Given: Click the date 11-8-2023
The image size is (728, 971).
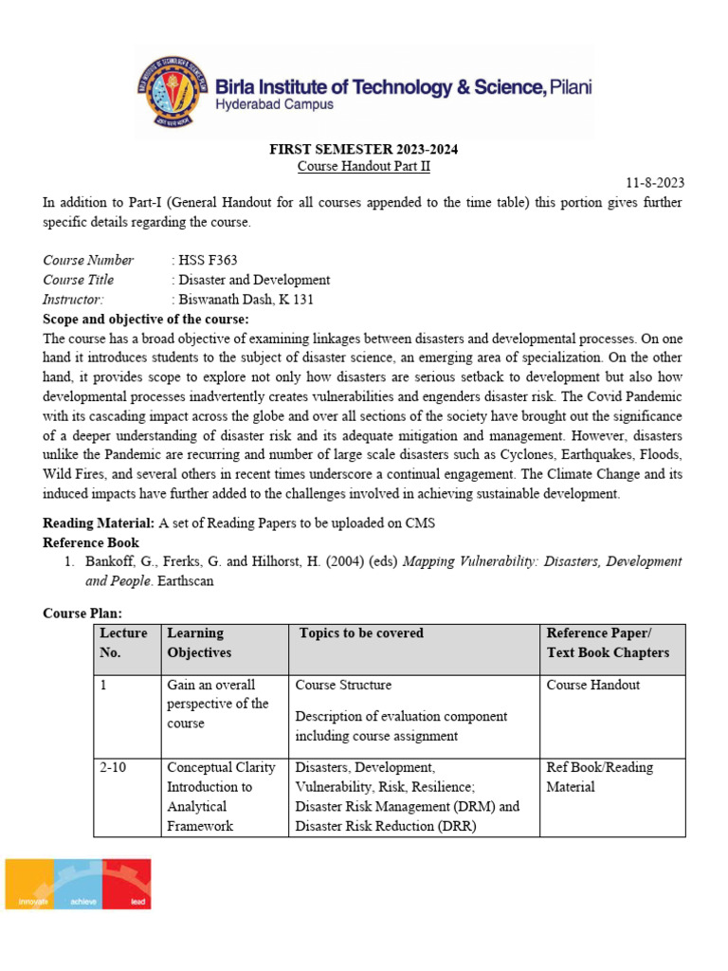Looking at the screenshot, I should pyautogui.click(x=655, y=183).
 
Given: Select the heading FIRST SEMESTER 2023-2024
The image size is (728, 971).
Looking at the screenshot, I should pyautogui.click(x=363, y=149).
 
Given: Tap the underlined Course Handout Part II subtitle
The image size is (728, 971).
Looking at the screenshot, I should pyautogui.click(x=364, y=166).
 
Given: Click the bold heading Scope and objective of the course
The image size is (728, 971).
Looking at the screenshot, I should pyautogui.click(x=146, y=319).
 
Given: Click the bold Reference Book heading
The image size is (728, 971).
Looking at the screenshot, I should pyautogui.click(x=91, y=542).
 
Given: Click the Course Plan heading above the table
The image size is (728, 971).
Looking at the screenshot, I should pyautogui.click(x=82, y=614).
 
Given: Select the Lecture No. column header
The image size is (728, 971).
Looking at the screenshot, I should pyautogui.click(x=123, y=643).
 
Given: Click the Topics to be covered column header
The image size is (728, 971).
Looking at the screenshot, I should pyautogui.click(x=361, y=633).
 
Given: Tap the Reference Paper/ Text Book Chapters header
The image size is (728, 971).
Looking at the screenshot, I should pyautogui.click(x=608, y=643).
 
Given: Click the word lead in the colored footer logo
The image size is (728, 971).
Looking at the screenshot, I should pyautogui.click(x=138, y=901).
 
